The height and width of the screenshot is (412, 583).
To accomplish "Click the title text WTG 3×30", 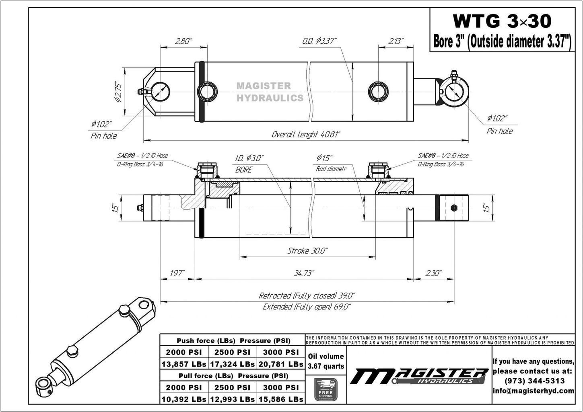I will click(502, 21).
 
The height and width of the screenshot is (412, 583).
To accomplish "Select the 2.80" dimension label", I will click(183, 41).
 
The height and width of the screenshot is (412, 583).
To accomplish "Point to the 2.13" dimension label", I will click(396, 41).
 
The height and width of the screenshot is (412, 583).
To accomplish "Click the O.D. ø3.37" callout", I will click(319, 41).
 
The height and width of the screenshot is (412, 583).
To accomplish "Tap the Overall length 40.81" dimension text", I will click(306, 135).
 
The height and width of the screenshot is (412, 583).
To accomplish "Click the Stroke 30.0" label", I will click(307, 251).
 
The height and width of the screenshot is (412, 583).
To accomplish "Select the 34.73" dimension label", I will click(304, 273).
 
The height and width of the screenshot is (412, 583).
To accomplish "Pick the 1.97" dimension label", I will click(177, 273).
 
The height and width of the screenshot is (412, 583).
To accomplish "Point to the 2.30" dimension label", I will click(433, 273).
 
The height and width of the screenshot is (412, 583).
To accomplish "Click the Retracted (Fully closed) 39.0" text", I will click(307, 296).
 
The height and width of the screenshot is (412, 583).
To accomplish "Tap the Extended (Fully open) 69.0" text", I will click(307, 307).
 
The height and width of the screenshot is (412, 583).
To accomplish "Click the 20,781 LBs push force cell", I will click(280, 364).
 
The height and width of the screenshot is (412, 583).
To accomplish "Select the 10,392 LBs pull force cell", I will click(184, 400).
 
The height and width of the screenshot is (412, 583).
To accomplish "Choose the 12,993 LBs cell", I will click(232, 400).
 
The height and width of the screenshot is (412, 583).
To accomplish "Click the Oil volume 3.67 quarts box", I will click(325, 361).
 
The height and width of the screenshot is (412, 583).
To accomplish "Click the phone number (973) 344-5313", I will click(534, 381).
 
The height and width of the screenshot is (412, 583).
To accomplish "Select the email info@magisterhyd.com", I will click(534, 391).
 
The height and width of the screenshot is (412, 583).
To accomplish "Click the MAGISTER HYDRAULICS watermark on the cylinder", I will click(270, 92).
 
